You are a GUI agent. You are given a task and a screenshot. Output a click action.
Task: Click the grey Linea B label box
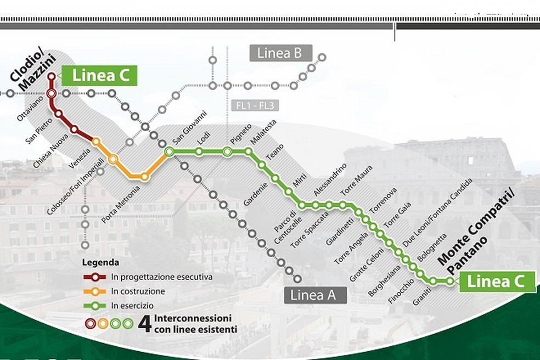click(x=280, y=53)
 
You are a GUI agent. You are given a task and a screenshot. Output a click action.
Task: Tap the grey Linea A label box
click(x=316, y=295)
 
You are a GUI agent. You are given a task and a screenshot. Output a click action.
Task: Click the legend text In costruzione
click(x=138, y=291)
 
